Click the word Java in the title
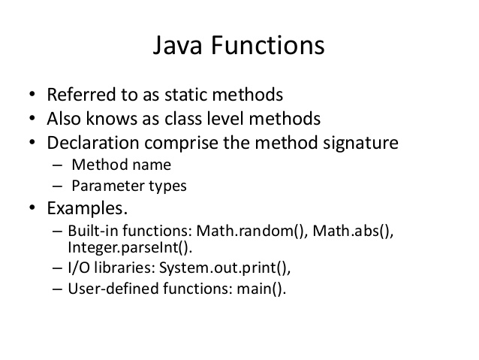[177, 45]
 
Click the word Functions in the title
[267, 44]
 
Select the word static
[186, 94]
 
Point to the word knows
[112, 118]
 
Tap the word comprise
[182, 144]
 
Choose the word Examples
[87, 209]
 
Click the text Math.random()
[252, 231]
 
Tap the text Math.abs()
[353, 231]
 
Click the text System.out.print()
[224, 268]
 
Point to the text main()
[261, 289]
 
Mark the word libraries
[123, 268]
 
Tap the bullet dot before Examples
[32, 207]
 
